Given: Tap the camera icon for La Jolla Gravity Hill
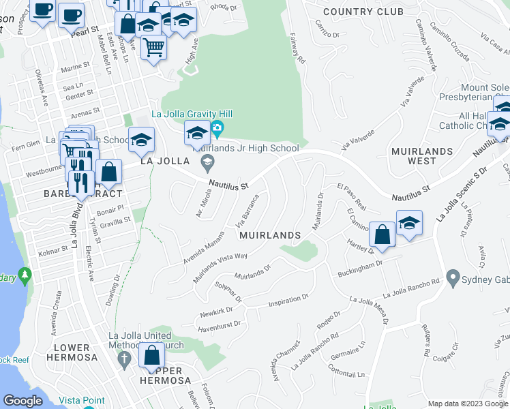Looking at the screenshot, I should click(x=217, y=127).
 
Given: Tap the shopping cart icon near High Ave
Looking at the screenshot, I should click(x=154, y=48).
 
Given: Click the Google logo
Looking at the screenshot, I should click(x=23, y=401).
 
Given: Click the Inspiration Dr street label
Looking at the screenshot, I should click(x=288, y=301).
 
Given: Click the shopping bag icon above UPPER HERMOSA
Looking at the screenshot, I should click(x=151, y=356).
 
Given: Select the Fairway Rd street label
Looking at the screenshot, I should click(x=297, y=48).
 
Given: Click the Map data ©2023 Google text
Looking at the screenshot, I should click(x=467, y=404).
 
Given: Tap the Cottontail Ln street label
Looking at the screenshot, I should click(x=346, y=373).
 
